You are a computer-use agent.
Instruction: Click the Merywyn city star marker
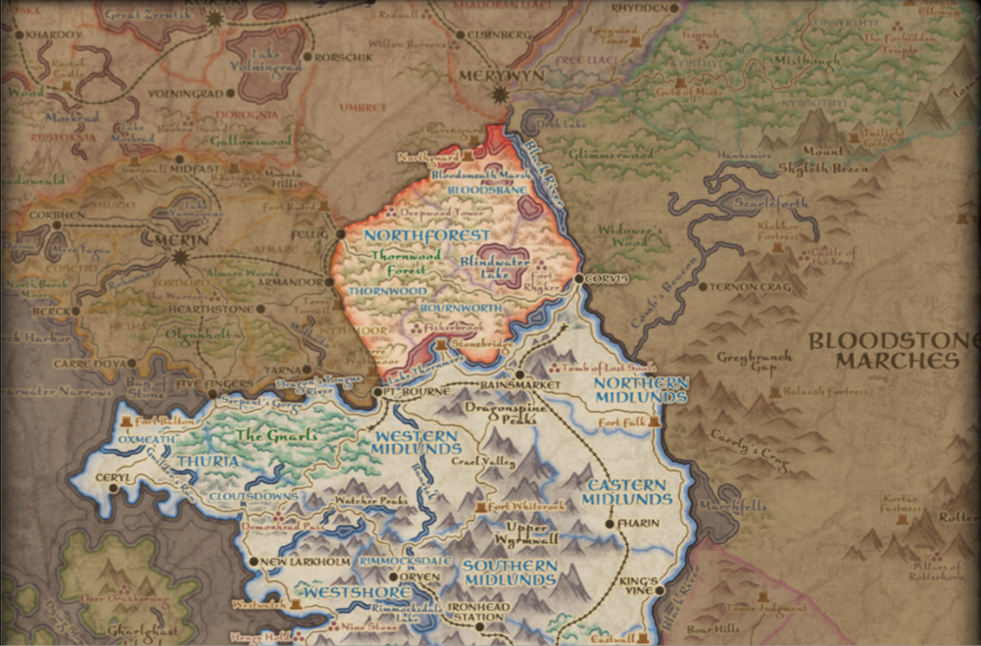[x=501, y=95]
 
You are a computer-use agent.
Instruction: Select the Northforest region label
[x=425, y=236]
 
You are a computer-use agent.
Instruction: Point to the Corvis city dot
[x=578, y=278]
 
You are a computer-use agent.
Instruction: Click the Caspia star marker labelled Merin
[x=179, y=258]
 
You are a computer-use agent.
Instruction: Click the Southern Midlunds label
[x=510, y=573]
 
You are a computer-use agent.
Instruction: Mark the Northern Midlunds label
[x=641, y=389]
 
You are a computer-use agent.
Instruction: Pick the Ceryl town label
[x=113, y=477]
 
